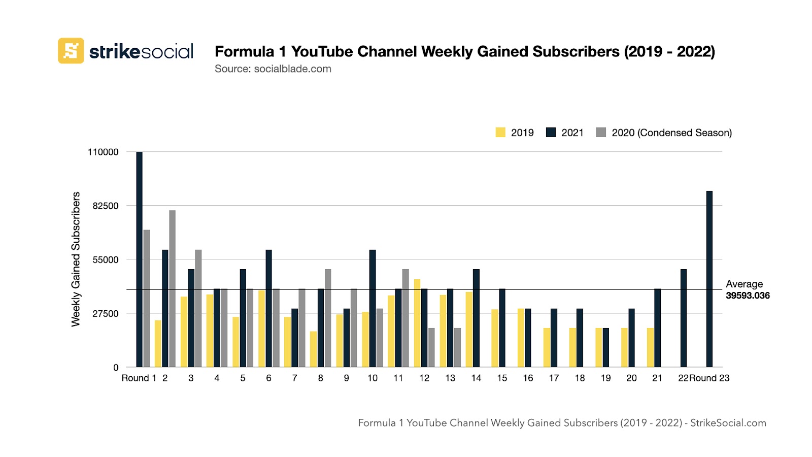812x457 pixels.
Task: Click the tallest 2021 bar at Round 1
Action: pyautogui.click(x=139, y=259)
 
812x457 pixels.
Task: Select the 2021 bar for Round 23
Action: pyautogui.click(x=709, y=279)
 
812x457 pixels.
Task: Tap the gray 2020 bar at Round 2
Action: pyautogui.click(x=172, y=288)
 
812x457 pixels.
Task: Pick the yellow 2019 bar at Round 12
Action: pyautogui.click(x=417, y=323)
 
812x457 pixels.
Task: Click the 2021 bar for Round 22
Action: pyautogui.click(x=683, y=318)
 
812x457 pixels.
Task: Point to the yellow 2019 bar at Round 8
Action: pyautogui.click(x=313, y=349)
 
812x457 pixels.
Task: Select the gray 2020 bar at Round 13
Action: pyautogui.click(x=457, y=347)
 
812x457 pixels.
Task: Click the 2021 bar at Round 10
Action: pyautogui.click(x=373, y=308)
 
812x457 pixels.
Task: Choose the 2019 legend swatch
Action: pyautogui.click(x=500, y=133)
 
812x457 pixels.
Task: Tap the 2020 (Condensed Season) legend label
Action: pyautogui.click(x=671, y=133)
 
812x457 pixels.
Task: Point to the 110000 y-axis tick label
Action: pyautogui.click(x=103, y=152)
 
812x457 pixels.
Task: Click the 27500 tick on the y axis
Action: pyautogui.click(x=106, y=313)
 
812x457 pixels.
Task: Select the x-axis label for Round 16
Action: pyautogui.click(x=528, y=378)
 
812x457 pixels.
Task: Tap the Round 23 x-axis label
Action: pyautogui.click(x=709, y=378)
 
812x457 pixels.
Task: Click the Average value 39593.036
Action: pyautogui.click(x=748, y=296)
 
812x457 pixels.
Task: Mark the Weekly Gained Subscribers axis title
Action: pyautogui.click(x=76, y=259)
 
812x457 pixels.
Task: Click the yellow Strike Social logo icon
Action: pyautogui.click(x=71, y=51)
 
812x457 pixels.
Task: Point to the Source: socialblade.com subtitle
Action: pyautogui.click(x=273, y=69)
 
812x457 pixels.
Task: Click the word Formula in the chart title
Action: pyautogui.click(x=244, y=51)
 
